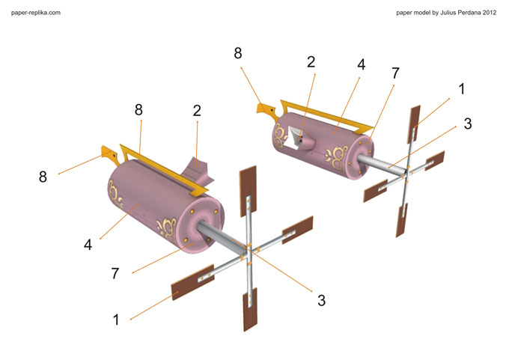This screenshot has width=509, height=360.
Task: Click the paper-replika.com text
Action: tap(36, 13)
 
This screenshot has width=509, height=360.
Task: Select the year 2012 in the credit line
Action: tap(490, 13)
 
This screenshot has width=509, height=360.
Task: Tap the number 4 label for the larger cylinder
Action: tap(88, 245)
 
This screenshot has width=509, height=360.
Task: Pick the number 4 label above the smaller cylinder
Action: tap(362, 64)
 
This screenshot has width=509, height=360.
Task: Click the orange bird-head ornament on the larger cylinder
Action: tap(111, 154)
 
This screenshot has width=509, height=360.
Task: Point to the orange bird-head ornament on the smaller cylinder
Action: tap(266, 109)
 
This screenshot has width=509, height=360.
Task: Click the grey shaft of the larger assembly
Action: tap(221, 236)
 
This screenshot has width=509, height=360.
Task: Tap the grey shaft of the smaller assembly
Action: tap(382, 164)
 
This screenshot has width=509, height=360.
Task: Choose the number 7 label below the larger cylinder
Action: tap(115, 274)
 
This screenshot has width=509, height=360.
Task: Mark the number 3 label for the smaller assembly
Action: tap(467, 123)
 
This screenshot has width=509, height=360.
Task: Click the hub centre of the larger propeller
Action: tap(249, 251)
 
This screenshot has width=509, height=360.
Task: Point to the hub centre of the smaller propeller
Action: tap(406, 173)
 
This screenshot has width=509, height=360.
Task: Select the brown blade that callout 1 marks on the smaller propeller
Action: tap(414, 123)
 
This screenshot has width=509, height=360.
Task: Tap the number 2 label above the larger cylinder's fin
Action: tap(197, 111)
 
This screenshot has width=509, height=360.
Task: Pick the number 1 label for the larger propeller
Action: tap(116, 320)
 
